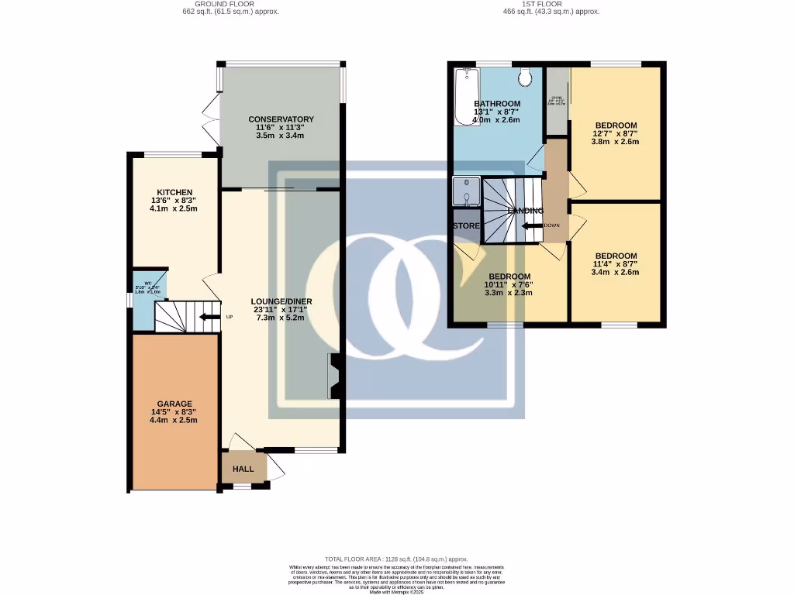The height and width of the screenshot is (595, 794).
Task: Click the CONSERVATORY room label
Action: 281,119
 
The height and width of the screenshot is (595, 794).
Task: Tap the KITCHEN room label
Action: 174,192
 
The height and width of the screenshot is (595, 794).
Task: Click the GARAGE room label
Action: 174,404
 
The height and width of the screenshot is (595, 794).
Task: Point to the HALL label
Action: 243,469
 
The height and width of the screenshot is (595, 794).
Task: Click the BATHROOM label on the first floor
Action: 497,104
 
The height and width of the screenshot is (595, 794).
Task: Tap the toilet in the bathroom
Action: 525,77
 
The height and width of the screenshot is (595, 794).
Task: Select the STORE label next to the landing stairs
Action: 467,226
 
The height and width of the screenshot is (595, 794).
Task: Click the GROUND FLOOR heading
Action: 225,4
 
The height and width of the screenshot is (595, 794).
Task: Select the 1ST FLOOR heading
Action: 551,4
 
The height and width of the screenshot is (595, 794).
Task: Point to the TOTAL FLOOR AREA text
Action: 396,559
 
